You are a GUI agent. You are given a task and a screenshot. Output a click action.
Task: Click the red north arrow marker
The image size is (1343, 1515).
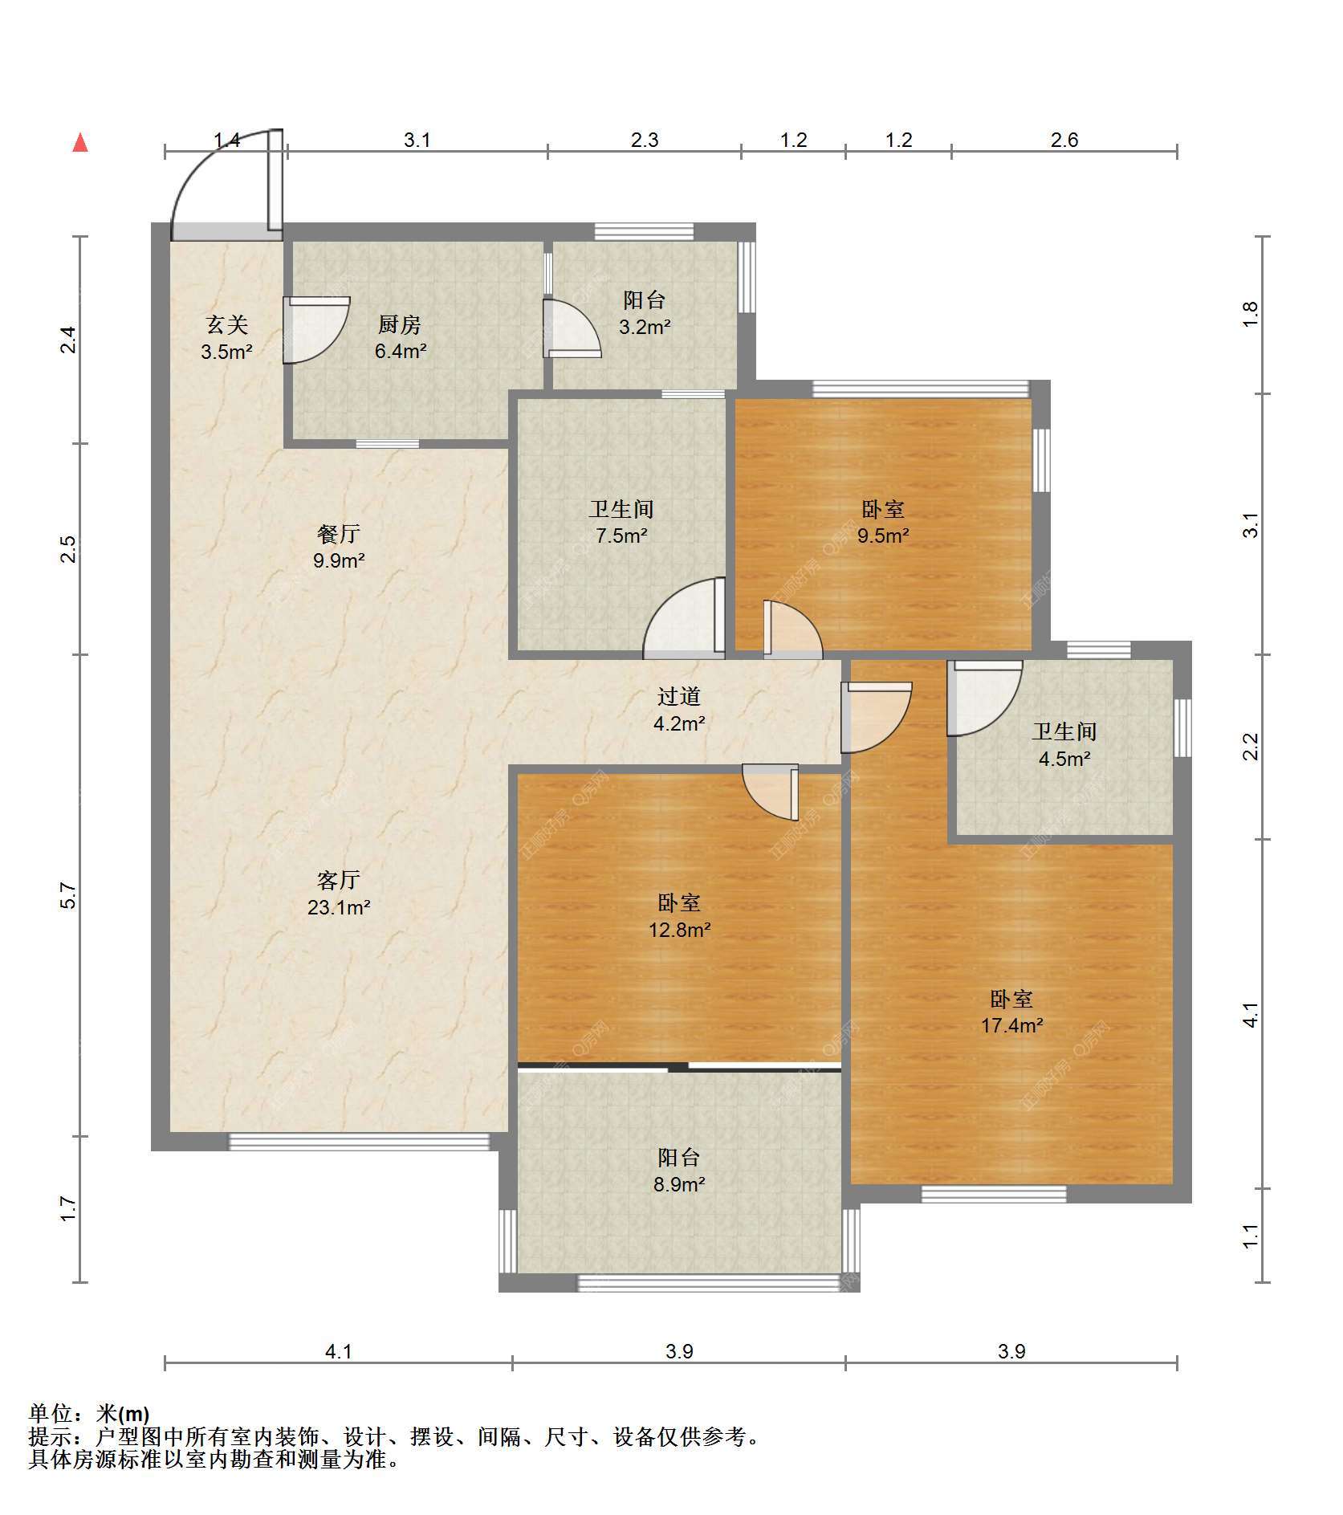[80, 143]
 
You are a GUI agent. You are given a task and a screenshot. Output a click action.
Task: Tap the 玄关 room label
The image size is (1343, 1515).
[227, 324]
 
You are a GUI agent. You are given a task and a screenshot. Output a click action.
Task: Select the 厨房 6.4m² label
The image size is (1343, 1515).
[400, 337]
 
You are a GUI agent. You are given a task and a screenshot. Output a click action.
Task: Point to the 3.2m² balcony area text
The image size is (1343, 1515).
[645, 327]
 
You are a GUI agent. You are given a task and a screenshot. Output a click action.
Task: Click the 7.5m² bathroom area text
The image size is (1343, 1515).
[621, 536]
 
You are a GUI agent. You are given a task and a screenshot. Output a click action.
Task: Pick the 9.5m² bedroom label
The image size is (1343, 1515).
[883, 536]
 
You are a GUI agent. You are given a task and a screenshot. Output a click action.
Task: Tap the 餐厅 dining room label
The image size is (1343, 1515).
[339, 533]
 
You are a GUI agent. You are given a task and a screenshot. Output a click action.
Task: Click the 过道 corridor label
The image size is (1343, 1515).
[679, 696]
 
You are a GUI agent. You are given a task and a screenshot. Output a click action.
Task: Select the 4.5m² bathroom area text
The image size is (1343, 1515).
[1064, 759]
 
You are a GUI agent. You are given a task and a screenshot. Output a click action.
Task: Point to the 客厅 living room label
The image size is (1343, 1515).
[339, 881]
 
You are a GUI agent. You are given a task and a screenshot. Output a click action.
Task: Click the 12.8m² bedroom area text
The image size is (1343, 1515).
[680, 930]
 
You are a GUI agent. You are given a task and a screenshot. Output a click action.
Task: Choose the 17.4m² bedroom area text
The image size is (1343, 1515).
[1012, 1025]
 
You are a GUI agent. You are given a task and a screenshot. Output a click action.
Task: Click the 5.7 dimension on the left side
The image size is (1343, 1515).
[69, 895]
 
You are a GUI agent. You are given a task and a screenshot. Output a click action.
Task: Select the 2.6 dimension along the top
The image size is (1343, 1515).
[1064, 141]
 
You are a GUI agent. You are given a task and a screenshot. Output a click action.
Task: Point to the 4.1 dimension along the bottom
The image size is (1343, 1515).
[339, 1352]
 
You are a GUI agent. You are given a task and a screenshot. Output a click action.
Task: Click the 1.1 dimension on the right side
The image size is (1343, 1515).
[1250, 1236]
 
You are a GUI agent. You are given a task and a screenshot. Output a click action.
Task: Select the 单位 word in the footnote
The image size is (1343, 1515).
[51, 1413]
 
